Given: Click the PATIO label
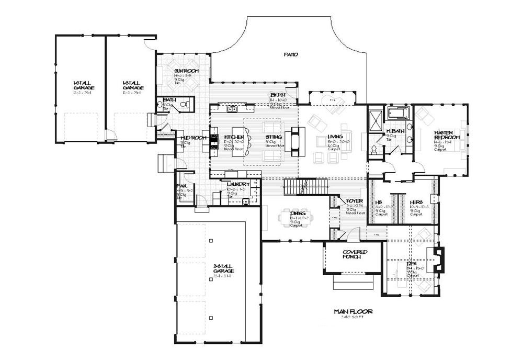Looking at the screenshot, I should [x=291, y=54].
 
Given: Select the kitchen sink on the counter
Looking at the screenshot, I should [x=231, y=109].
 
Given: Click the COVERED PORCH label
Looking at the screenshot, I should [x=355, y=254].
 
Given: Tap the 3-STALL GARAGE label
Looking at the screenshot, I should [x=223, y=268].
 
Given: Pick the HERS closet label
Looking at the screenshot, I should [x=416, y=203].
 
